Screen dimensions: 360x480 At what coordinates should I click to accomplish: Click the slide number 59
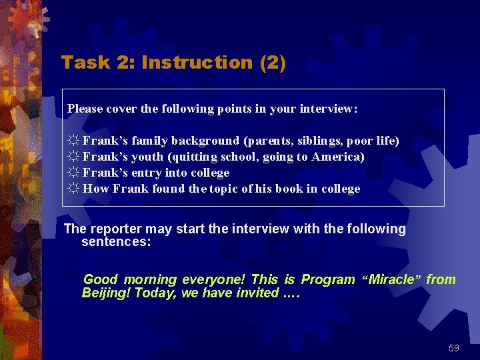(453, 348)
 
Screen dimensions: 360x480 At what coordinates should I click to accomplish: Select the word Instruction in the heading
(197, 63)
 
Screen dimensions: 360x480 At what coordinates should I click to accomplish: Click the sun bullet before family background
(73, 141)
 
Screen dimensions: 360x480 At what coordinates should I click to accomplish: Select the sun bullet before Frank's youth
(73, 157)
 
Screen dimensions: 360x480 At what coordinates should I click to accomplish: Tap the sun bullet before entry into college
(73, 173)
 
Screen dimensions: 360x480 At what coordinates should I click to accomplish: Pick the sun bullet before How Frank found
(73, 189)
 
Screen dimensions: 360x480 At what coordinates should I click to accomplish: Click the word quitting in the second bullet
(193, 157)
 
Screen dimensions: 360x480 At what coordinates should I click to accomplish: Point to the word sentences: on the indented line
(116, 241)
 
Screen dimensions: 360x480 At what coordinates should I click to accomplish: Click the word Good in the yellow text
(101, 280)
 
